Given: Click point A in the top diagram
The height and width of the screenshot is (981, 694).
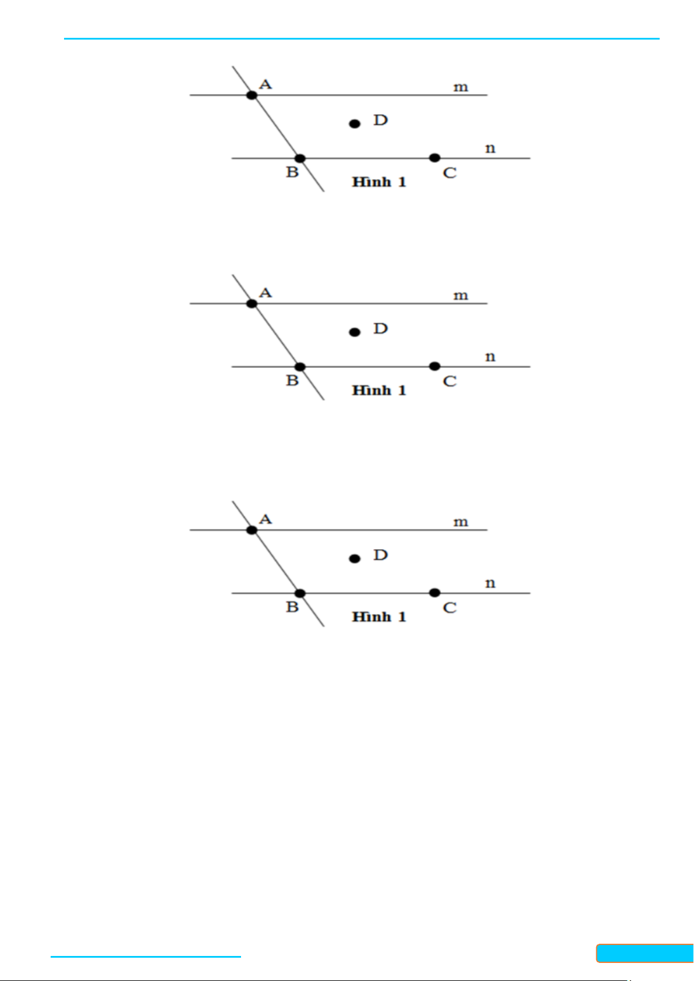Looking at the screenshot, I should (252, 95).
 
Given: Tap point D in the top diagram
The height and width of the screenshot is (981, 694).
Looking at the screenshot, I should (355, 123).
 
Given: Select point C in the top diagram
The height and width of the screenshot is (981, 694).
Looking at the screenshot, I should (434, 158).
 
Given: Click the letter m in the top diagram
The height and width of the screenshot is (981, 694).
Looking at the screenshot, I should (461, 87).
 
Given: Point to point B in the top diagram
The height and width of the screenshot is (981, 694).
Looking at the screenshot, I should (300, 158).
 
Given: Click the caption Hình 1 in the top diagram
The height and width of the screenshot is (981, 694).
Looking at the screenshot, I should (379, 182).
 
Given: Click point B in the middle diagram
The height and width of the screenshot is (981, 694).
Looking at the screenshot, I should (300, 367).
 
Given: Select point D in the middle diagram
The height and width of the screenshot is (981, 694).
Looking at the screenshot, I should (355, 332).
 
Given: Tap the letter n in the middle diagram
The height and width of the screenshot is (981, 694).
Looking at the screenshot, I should (490, 356).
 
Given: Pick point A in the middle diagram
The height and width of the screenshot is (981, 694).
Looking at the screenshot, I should (252, 303).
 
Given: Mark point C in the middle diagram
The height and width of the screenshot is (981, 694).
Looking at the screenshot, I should (434, 366).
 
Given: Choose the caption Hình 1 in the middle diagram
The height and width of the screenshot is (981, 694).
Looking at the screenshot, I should (379, 391).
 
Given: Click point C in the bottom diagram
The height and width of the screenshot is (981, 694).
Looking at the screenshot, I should (434, 593).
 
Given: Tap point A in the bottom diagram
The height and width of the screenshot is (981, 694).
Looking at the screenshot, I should (252, 530).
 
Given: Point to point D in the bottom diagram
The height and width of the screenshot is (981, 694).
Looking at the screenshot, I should (355, 558).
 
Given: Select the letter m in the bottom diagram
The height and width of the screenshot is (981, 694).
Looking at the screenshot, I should (461, 522).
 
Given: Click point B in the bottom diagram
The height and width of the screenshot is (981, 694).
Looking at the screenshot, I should (300, 593).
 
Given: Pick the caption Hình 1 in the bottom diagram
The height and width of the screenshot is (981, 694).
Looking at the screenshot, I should (379, 617).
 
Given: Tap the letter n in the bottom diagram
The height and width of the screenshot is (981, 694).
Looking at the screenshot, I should (490, 583).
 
